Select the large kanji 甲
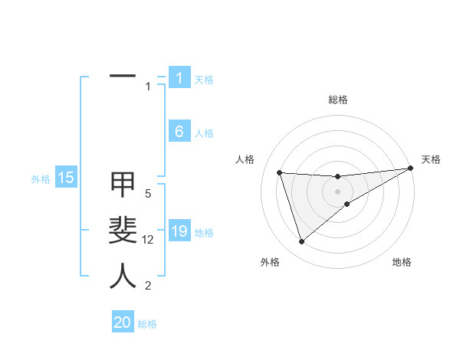pos(123,185)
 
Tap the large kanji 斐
pos(123,231)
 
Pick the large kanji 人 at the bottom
pos(123,277)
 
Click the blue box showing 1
pos(179,78)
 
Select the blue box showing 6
pos(179,132)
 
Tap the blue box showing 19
pos(179,231)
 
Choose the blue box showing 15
pos(66,178)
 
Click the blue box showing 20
pos(123,322)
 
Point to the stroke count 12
pos(148,240)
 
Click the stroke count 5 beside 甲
pos(148,194)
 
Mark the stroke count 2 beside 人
pos(148,286)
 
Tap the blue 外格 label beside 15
pos(41,179)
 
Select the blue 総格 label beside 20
pos(147,323)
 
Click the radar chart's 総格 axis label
pos(337,100)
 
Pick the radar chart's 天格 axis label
pos(431,159)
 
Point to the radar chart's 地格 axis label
pos(402,262)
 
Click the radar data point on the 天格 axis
pos(410,168)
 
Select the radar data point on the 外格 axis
pos(301,242)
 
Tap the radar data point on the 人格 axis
pos(280,172)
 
